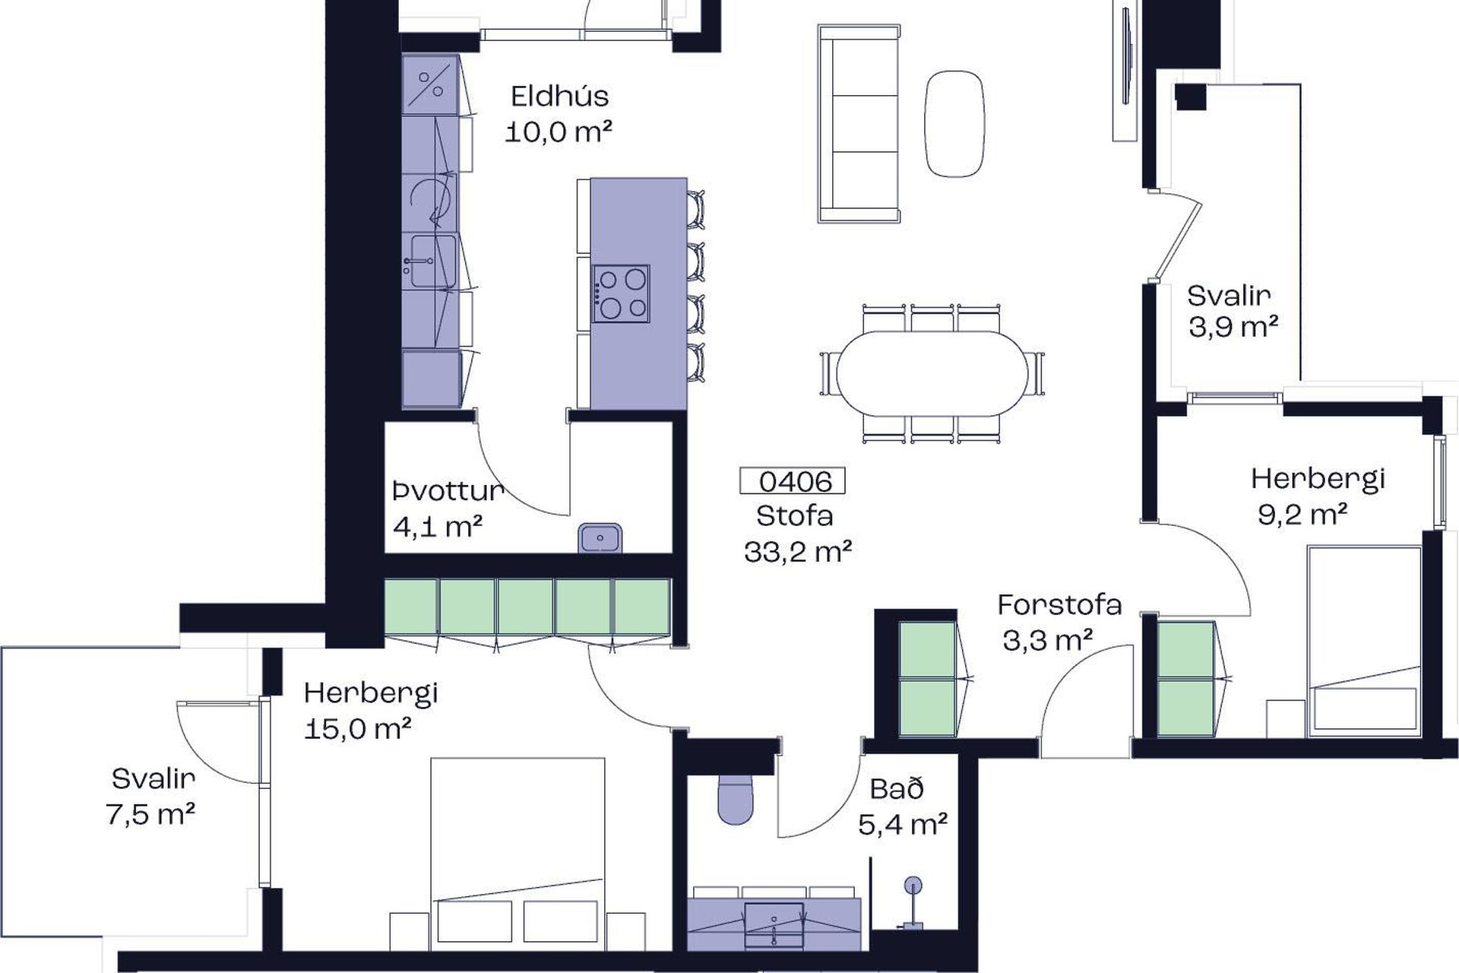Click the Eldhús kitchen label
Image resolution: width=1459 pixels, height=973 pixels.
coord(560,97)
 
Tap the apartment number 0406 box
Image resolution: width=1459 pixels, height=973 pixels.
coord(793,481)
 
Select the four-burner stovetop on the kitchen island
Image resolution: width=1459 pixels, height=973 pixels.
coord(621,294)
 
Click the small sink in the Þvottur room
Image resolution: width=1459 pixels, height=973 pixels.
coord(600,538)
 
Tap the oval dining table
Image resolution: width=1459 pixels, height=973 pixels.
coord(932,373)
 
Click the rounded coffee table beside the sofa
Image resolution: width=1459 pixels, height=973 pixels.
coord(954,124)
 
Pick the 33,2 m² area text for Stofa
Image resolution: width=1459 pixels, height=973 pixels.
coord(798,551)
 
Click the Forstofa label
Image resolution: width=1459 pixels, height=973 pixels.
coord(1059,605)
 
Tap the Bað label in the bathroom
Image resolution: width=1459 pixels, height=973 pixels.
coord(897,788)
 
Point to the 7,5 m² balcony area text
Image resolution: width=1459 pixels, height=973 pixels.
coord(151,814)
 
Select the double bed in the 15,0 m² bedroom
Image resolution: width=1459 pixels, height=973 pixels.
coord(517,853)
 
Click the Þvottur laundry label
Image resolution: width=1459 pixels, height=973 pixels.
coord(448,491)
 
